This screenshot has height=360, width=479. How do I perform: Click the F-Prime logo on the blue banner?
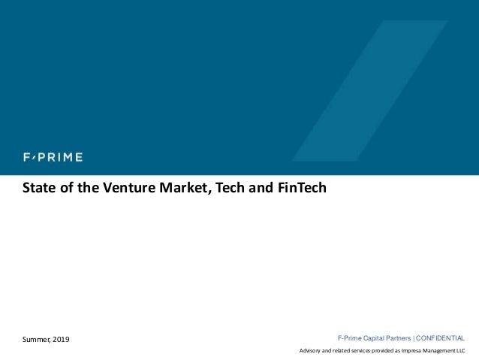coord(52,157)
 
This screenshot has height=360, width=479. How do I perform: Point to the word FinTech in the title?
coord(303,187)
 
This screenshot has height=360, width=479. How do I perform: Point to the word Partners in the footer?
coord(398,338)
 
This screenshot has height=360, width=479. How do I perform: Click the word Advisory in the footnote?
coord(312,351)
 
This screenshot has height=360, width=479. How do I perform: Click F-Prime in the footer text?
coord(349,338)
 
